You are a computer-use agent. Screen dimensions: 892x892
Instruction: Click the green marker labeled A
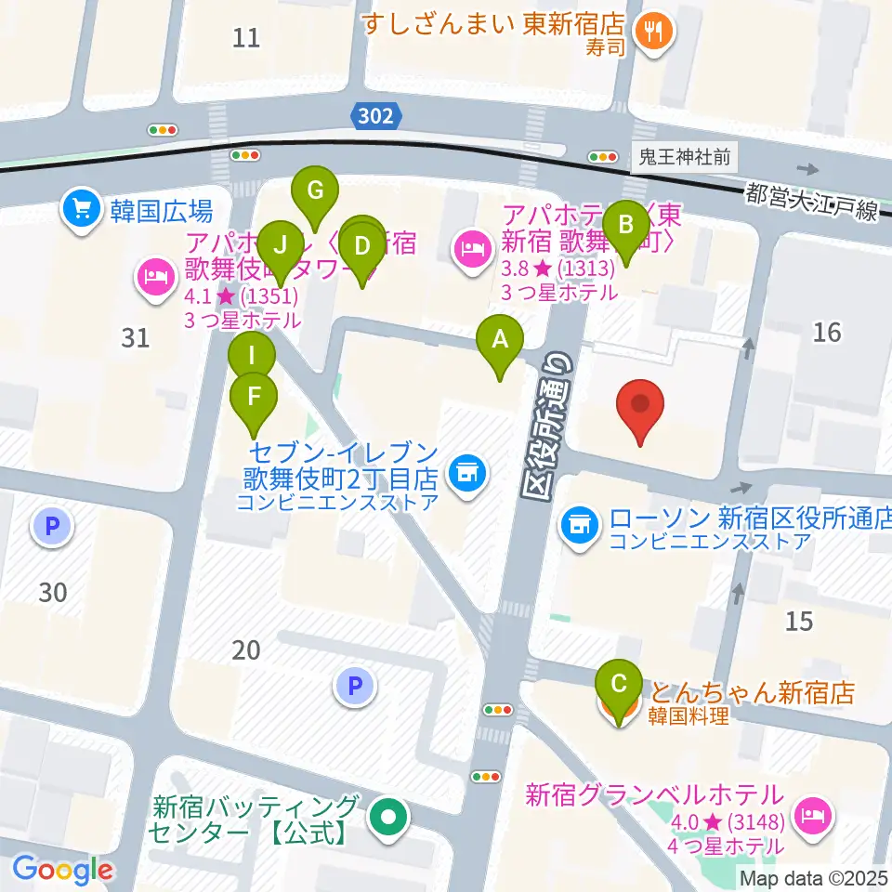500,341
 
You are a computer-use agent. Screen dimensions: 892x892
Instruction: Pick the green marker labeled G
315,192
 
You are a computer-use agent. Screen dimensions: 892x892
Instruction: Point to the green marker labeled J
280,247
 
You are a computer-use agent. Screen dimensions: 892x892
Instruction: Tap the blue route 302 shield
378,116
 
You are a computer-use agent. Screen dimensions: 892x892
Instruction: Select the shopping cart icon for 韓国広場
82,208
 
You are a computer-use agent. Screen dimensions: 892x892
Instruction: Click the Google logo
62,870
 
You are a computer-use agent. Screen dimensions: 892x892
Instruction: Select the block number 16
826,331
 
